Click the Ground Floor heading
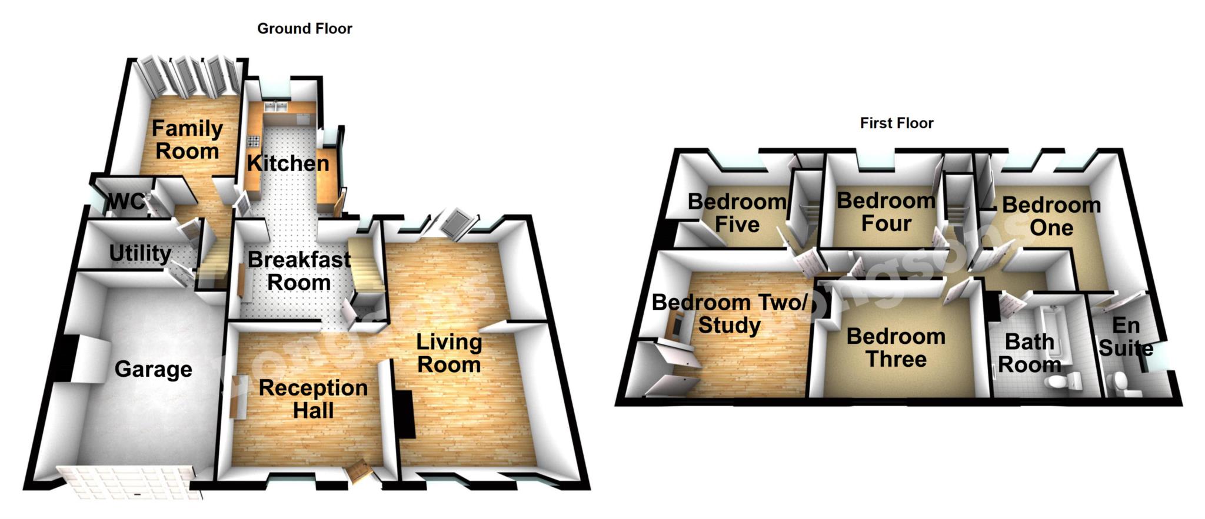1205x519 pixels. click(304, 28)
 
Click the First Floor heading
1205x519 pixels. click(896, 123)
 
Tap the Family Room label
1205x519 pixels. click(187, 139)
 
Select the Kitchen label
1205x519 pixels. click(288, 163)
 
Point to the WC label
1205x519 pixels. click(125, 202)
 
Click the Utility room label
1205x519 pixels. click(140, 253)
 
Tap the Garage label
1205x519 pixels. click(153, 369)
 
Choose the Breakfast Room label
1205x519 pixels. click(299, 270)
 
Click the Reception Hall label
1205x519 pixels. click(313, 399)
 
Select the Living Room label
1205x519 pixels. click(449, 353)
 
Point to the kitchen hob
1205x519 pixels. click(254, 140)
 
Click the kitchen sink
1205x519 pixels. click(275, 107)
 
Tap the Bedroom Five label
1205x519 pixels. click(737, 213)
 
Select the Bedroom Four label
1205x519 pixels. click(886, 212)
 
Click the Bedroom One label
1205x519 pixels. click(1051, 216)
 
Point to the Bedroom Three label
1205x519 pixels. click(896, 347)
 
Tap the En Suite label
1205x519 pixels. click(1126, 337)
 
